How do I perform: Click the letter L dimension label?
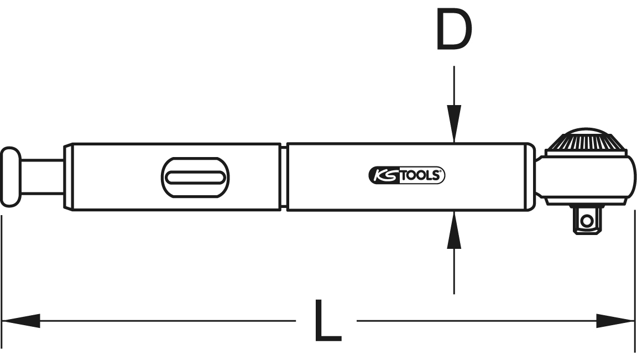(328, 320)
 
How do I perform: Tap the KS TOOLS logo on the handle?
(406, 175)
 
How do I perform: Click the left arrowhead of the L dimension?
(21, 321)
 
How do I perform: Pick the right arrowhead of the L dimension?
(615, 321)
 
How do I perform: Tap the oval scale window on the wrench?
(195, 177)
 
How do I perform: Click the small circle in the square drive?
(586, 221)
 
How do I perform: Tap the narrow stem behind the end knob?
(42, 177)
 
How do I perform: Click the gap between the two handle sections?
(284, 177)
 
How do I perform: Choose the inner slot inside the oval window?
(195, 177)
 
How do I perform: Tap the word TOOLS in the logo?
(420, 175)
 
